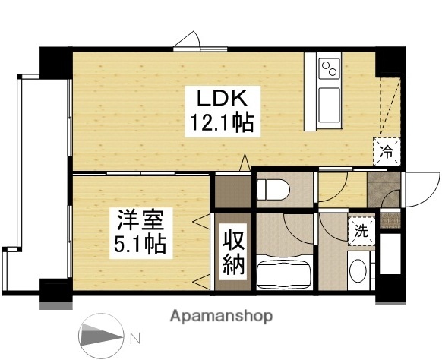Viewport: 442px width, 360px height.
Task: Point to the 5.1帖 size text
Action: pos(140,245)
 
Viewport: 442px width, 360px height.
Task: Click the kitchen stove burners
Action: pos(330,68)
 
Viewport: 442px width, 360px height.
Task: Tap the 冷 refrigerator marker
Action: pos(387,150)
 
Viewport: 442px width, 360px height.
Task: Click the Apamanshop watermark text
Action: pos(221,315)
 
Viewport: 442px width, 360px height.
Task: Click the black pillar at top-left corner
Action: pos(55,61)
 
